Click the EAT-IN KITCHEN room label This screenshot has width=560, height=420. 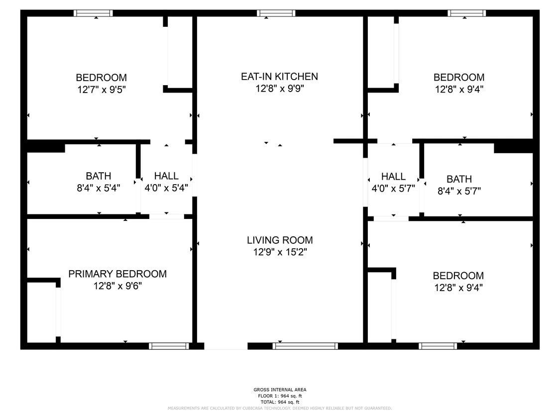pos(279,77)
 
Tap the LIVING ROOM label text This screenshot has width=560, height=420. pos(280,240)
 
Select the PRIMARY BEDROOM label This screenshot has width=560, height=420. pos(117,274)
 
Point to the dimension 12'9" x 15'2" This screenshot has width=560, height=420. pos(280,252)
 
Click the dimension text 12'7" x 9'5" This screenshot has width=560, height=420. pos(101,90)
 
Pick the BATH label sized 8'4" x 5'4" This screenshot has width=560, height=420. pos(99,176)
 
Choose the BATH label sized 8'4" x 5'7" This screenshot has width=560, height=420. pos(459,179)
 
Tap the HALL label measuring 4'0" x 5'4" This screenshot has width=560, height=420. pos(166,176)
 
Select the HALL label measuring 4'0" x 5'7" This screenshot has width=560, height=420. pos(393,177)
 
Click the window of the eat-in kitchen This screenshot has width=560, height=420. pos(276,13)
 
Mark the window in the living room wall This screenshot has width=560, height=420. pos(305,346)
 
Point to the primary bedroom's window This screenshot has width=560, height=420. pos(169,346)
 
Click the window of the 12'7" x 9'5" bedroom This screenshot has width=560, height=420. pos(93,13)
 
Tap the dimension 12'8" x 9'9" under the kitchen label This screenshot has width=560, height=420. pos(279,89)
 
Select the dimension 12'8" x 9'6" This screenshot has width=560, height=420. pos(117,286)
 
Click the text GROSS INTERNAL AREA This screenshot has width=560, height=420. pos(280,390)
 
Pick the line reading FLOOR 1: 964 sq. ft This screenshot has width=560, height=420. pos(280,396)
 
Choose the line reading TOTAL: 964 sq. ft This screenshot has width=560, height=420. pos(280,402)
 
